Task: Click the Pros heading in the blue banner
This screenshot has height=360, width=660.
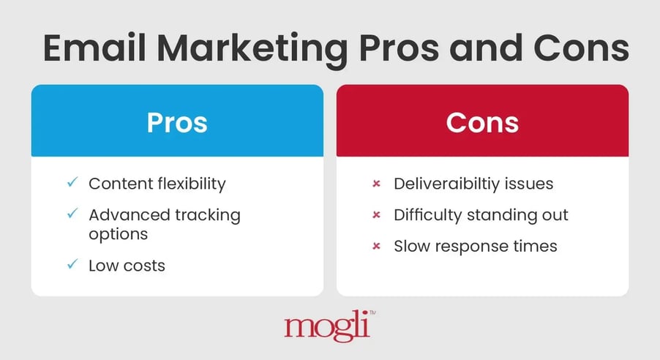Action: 177,122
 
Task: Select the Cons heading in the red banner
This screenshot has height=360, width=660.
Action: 482,122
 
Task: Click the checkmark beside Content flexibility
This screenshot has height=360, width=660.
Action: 72,183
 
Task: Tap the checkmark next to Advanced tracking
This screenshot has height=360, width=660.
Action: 72,214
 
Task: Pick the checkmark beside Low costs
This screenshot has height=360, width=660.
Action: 72,264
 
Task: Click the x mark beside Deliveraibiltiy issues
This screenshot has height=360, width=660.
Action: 376,184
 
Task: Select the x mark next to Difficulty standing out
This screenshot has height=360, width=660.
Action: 376,215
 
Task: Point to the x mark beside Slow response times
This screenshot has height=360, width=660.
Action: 376,247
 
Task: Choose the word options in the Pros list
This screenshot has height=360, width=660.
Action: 119,234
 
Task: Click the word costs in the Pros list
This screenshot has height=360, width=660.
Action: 143,265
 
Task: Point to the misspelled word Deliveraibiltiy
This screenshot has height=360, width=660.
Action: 452,184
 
